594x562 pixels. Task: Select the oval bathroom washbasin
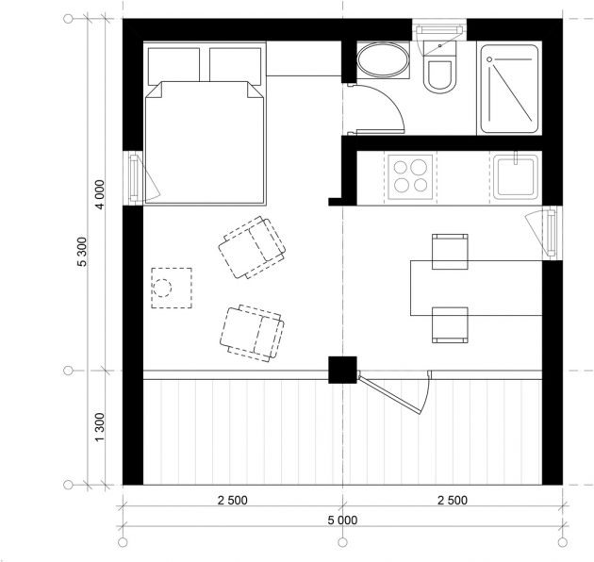click(383, 64)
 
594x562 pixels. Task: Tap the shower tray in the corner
click(509, 88)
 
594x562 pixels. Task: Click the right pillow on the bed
click(237, 64)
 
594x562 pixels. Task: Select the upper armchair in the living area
click(251, 245)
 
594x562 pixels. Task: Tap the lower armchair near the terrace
click(252, 331)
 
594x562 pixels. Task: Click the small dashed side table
click(172, 289)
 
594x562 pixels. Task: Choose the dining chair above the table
click(449, 250)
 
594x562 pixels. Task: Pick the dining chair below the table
click(449, 323)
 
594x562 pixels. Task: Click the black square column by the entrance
click(341, 370)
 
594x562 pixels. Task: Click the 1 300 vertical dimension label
click(100, 427)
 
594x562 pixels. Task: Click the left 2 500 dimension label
click(231, 500)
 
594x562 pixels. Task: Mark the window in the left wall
click(134, 176)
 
